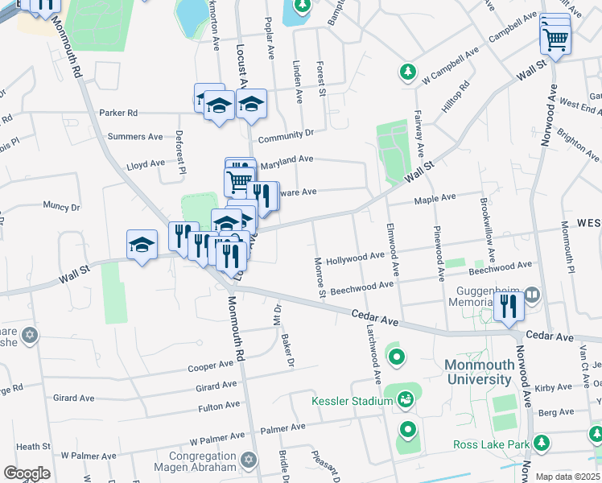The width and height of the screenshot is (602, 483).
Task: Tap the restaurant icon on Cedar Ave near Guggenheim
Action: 508,307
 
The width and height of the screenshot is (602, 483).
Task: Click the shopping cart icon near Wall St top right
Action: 555,39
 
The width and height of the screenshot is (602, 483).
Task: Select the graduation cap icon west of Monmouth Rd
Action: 142,244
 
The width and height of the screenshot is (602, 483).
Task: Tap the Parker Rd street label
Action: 118,113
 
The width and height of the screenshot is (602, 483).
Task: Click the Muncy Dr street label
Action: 62,207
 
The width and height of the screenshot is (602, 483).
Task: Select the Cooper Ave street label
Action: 210,366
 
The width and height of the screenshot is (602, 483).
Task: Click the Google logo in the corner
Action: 27,473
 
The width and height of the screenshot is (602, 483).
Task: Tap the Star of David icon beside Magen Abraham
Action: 249,459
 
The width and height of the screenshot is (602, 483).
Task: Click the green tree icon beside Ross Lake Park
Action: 542,444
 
